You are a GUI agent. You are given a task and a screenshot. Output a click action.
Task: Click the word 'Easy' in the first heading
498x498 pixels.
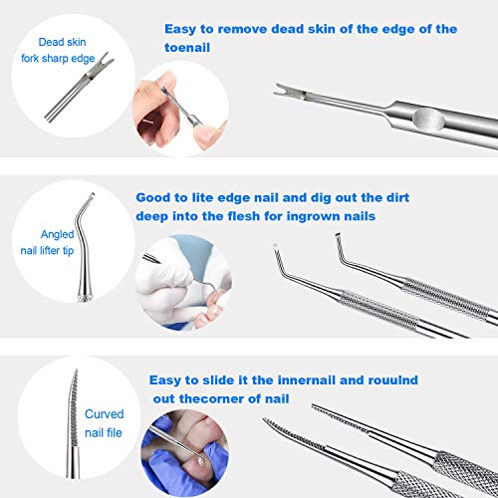pyautogui.click(x=183, y=28)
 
